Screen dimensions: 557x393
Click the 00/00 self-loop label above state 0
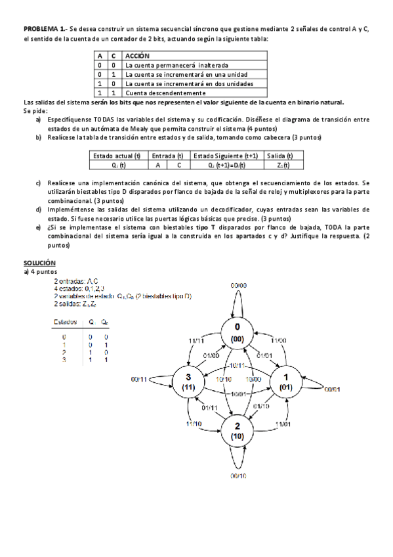coord(238,286)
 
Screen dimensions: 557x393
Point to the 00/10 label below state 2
coord(238,475)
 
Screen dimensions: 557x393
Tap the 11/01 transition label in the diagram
coord(283,424)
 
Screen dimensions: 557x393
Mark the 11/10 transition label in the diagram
coord(193,424)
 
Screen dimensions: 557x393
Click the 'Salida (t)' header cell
coord(283,156)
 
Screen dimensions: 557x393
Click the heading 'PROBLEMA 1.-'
coord(44,30)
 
